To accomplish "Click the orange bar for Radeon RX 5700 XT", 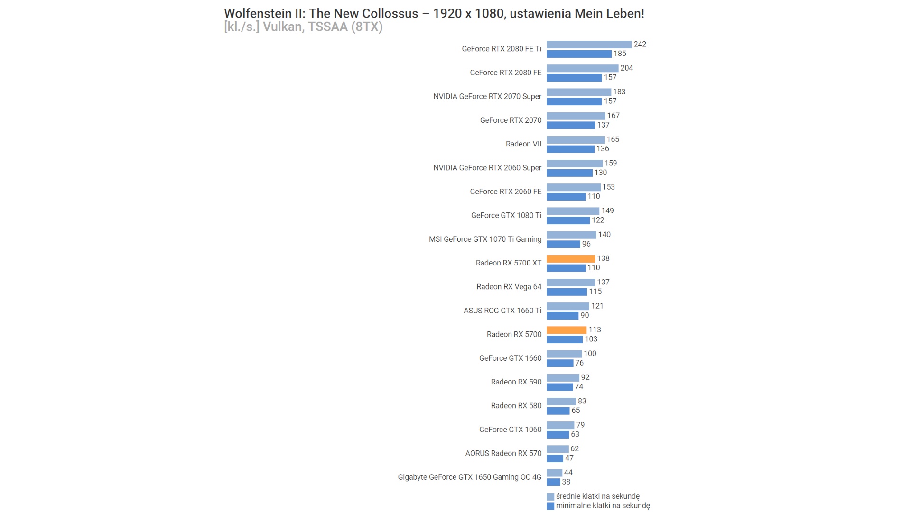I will [x=570, y=258].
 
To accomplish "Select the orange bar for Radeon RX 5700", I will [x=566, y=330].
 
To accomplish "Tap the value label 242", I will [x=640, y=44].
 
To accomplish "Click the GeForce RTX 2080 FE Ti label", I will [x=501, y=49].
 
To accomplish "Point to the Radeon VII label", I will [x=523, y=144].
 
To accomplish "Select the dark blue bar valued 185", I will [x=578, y=54].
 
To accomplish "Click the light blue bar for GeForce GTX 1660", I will [x=564, y=354].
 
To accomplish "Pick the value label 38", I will [x=566, y=482].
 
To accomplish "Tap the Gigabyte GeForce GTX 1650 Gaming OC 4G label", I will [x=469, y=477].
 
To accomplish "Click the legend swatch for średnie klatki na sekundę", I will [x=550, y=496].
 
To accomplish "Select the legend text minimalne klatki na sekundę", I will [x=603, y=505].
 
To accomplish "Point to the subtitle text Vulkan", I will [x=282, y=27].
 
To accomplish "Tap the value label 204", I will [x=626, y=68].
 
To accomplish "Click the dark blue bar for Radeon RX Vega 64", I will [x=567, y=292].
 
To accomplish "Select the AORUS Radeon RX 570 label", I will [x=503, y=453].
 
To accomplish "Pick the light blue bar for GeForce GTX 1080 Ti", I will [x=572, y=211].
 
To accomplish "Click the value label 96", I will [x=586, y=244].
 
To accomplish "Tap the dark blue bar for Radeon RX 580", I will [x=558, y=411].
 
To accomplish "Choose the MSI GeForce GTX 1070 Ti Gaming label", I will [x=485, y=239].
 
